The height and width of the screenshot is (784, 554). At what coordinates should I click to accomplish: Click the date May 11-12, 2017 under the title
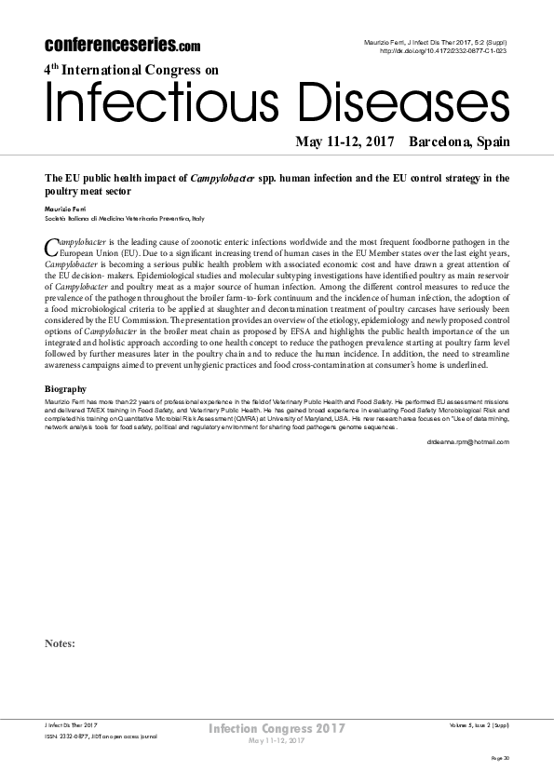(344, 142)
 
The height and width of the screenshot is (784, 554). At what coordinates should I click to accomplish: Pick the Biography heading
(65, 388)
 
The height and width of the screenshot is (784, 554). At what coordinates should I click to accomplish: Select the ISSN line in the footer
(101, 736)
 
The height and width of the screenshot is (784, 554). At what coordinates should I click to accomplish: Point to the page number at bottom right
(500, 759)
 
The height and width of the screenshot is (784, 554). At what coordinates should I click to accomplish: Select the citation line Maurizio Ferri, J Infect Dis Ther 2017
(434, 43)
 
